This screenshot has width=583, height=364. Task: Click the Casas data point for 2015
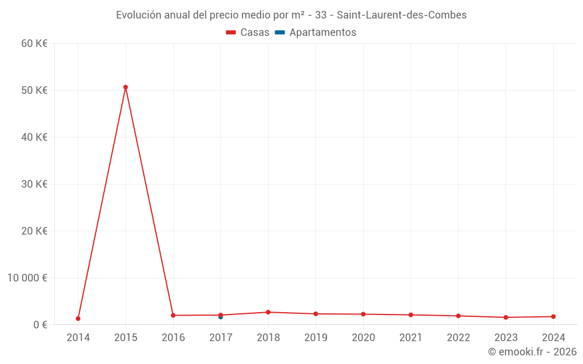125,87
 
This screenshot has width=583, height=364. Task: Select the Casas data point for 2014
78,319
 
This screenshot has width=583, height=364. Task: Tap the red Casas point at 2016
173,315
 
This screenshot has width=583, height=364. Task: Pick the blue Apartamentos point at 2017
220,317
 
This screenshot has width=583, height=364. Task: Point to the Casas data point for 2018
268,312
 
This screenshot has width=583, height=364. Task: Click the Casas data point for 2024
553,316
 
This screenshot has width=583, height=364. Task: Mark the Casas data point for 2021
410,314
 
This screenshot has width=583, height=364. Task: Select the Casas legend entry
248,33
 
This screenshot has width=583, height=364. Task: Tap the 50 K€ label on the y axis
34,90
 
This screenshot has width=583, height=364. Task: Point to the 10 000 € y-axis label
27,278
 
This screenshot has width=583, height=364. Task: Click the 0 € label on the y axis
40,324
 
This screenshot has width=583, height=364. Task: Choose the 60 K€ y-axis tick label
34,43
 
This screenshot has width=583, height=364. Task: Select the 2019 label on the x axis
315,338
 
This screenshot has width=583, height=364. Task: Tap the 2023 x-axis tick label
505,338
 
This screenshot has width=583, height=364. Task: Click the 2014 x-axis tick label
78,338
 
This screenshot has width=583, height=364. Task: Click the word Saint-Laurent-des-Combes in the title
402,15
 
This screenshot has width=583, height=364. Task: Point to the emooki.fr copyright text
532,352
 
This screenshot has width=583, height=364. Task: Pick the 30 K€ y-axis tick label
34,184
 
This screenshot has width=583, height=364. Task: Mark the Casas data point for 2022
458,316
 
